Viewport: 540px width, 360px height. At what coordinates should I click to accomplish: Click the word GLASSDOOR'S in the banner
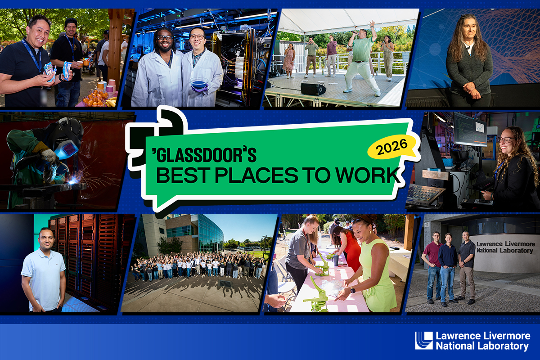(x=207, y=155)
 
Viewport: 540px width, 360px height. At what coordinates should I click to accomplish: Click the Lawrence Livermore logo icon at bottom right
(x=423, y=341)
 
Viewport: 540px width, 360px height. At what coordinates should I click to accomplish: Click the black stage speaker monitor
(x=313, y=89)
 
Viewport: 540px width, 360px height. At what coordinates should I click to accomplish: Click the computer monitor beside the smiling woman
(x=469, y=129)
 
